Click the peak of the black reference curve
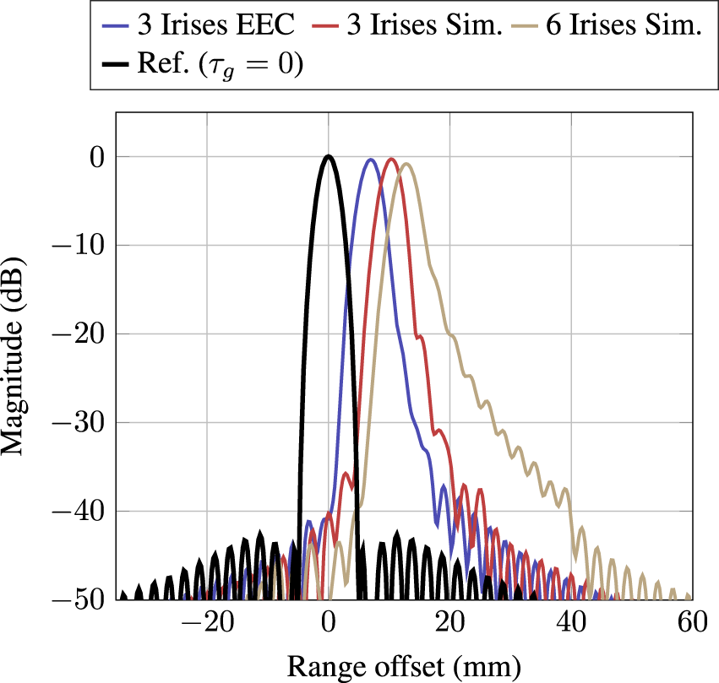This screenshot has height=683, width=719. coord(329,156)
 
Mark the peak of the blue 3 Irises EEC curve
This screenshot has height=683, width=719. coord(370,160)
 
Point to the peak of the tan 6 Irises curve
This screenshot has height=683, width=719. coord(406,164)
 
